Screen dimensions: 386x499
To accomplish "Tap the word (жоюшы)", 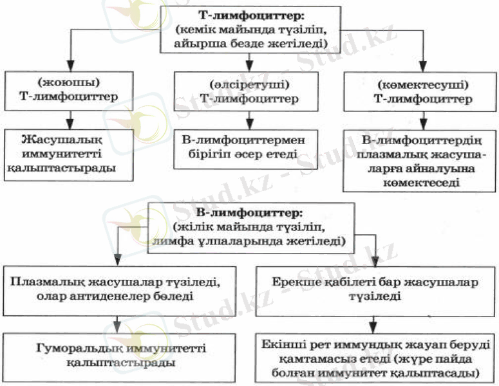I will tap(70, 84).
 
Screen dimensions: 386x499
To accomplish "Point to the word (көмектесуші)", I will tap(422, 84).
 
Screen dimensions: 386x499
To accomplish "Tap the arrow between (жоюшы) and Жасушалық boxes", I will tap(70, 118).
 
